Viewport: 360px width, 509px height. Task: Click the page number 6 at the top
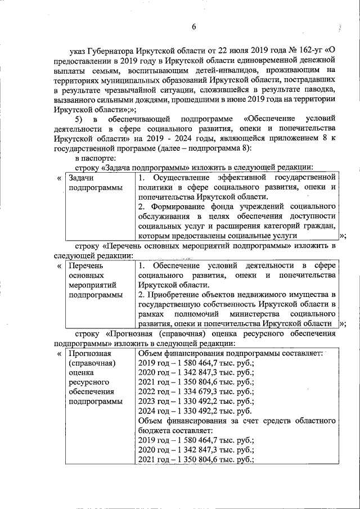coord(194,27)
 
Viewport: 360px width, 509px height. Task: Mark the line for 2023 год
coord(195,402)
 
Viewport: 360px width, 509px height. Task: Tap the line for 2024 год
coord(195,412)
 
